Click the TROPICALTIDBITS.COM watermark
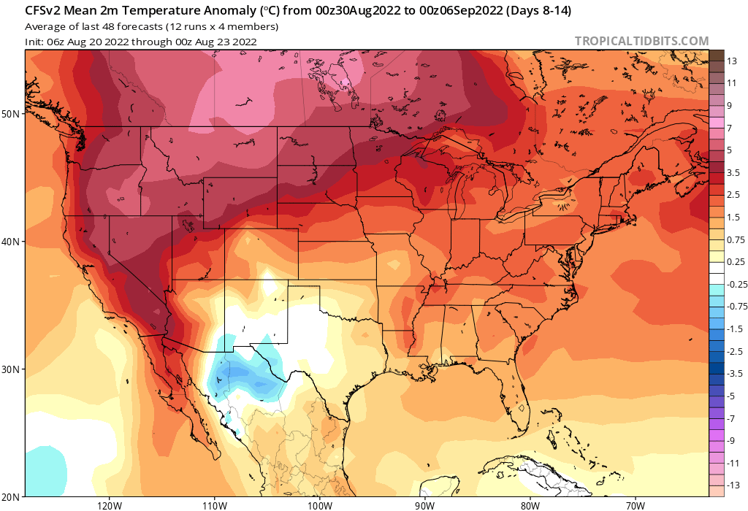point(641,41)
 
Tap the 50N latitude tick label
point(12,114)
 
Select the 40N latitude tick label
point(12,242)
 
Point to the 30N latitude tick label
point(12,369)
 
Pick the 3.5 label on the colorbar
point(734,172)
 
